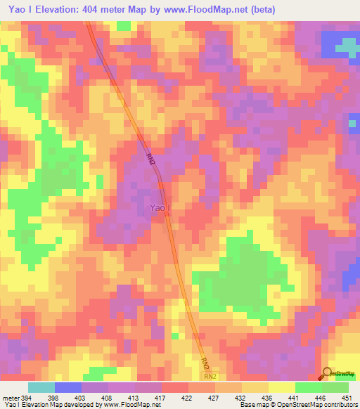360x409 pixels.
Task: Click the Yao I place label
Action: click(159, 207)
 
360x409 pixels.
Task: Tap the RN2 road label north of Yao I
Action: click(151, 161)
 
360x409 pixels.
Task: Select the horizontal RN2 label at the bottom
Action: click(211, 377)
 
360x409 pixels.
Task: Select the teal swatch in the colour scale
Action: click(41, 387)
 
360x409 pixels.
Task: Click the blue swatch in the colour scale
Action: click(68, 387)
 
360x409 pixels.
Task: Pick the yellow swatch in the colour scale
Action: click(281, 387)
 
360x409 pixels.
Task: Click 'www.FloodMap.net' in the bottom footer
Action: click(130, 405)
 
